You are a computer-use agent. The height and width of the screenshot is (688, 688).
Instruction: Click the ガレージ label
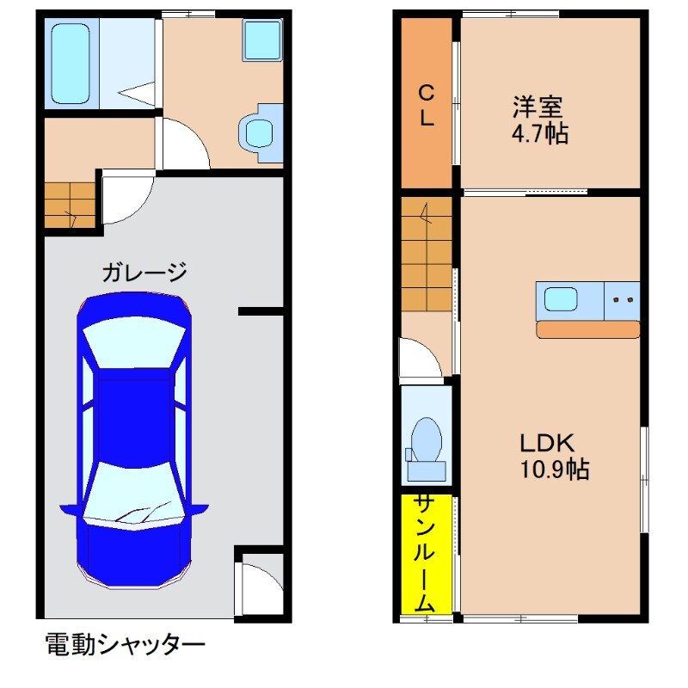tap(144, 273)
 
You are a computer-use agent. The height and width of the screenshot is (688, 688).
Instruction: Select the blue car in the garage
tap(134, 439)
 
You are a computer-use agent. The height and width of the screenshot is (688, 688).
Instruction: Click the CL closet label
tap(426, 105)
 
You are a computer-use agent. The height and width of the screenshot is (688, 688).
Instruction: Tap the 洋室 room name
tap(537, 107)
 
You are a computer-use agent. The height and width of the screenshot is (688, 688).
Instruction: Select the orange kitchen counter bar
tap(587, 329)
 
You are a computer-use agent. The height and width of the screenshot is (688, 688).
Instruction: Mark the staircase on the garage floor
tap(69, 206)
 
